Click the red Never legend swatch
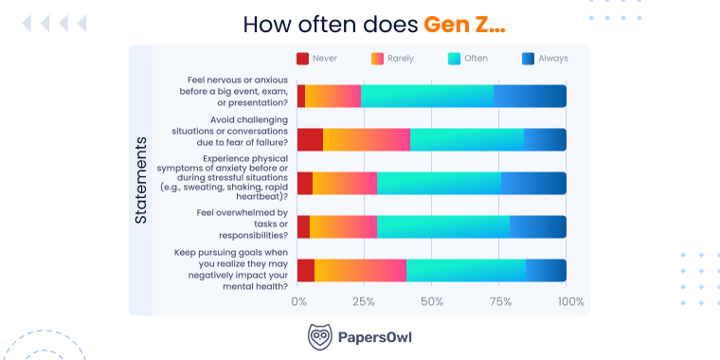[x=303, y=59]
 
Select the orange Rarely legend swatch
[x=377, y=59]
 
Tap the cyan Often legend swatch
[x=453, y=59]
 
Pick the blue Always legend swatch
[x=529, y=59]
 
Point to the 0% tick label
[x=298, y=301]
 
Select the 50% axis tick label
[x=432, y=301]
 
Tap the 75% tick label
[x=499, y=301]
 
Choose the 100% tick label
[x=571, y=301]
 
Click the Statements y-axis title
[x=140, y=180]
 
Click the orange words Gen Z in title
[x=464, y=24]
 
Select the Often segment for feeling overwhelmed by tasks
[x=443, y=226]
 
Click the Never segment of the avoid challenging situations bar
[x=310, y=139]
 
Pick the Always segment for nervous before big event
[x=531, y=96]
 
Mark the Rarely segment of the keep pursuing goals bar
[x=360, y=270]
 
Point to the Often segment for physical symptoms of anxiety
[x=439, y=183]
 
